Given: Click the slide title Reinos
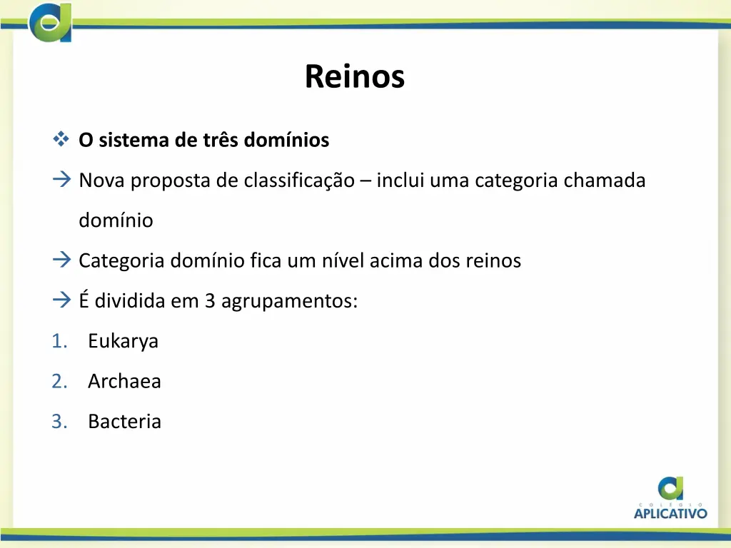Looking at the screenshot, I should coord(354,76).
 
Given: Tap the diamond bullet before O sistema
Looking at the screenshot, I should coord(60,139).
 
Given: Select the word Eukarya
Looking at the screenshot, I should coord(123,341).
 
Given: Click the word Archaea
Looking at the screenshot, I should coord(124,381).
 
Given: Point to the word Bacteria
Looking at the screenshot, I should coord(124,421).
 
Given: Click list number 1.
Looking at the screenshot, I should coord(59,341).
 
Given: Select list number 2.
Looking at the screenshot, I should coord(59,381).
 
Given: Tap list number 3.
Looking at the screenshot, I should coord(59,421).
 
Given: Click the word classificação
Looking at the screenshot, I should coord(298,181).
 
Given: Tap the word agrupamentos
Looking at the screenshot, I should coord(289,301).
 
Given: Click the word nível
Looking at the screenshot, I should coord(346,260).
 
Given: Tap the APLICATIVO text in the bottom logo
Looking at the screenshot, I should coord(670,512).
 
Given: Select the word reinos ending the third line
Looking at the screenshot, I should coord(493,260).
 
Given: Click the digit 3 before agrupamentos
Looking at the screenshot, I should coord(210,300).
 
